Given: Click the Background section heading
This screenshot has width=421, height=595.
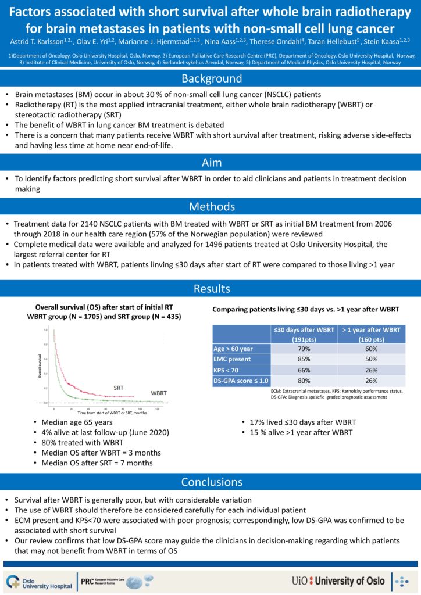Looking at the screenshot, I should coord(211,78).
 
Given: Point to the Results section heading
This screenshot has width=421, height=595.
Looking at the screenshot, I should coord(211,289).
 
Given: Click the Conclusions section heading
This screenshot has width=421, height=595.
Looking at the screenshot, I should coord(211,482).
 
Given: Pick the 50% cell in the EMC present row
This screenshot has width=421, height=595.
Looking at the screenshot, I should coord(372,360).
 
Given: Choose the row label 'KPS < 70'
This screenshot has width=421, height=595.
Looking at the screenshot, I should coord(227,370).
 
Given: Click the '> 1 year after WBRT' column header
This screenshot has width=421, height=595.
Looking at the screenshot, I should coord(372,335).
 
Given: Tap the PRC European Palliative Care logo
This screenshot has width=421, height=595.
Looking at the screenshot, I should coord(116,580).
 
